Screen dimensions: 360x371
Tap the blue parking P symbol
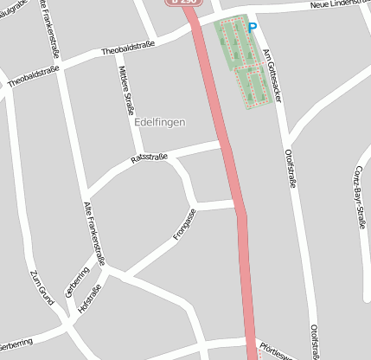point(253,28)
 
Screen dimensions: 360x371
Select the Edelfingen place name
point(160,124)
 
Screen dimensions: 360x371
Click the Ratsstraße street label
point(147,158)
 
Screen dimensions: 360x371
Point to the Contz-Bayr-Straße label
point(360,190)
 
